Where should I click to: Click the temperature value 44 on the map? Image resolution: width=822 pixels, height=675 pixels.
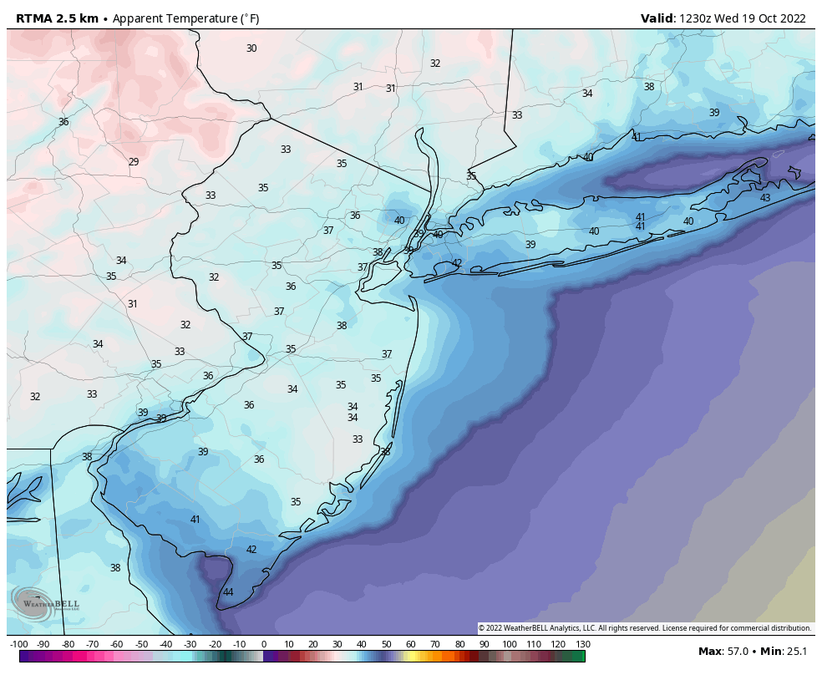click(x=228, y=592)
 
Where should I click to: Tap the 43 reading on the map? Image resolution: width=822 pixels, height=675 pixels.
click(x=765, y=198)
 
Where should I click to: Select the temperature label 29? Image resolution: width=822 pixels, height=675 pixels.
click(x=134, y=162)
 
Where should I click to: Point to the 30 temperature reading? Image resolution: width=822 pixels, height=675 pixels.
click(x=251, y=48)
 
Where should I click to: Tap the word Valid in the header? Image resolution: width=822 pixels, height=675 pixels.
click(x=657, y=18)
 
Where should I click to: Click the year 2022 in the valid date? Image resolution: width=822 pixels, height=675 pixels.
click(x=791, y=18)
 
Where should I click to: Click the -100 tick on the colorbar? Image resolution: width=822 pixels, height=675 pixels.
click(x=19, y=644)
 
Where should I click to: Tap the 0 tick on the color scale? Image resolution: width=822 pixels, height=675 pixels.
click(x=264, y=644)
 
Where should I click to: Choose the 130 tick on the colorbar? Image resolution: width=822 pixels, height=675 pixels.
click(x=582, y=644)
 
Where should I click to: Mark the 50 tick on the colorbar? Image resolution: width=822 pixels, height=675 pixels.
click(x=387, y=644)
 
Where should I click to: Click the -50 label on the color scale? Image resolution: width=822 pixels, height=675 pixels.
click(x=141, y=644)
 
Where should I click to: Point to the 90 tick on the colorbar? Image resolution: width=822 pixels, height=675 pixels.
click(x=485, y=644)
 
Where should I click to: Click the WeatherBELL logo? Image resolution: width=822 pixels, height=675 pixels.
click(x=46, y=603)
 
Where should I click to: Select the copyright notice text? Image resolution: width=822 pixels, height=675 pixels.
click(x=644, y=628)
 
